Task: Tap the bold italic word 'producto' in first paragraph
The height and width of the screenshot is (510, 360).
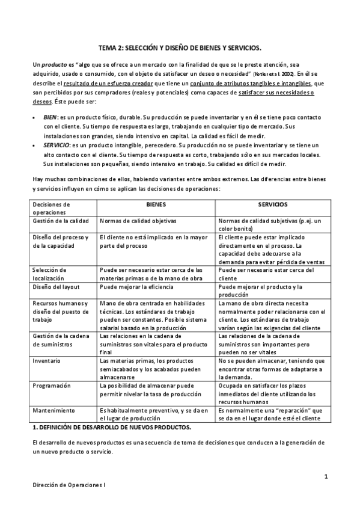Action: coord(49,64)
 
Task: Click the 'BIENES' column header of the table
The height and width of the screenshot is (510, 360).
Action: coord(156,204)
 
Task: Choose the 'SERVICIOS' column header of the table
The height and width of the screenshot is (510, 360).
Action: coord(272,204)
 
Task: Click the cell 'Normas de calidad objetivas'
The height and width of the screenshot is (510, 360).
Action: coord(138,221)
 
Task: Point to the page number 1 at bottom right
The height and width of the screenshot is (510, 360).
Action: coord(325,477)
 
